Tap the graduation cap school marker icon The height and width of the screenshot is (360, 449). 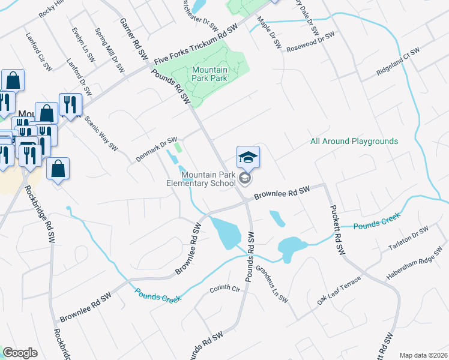click(x=248, y=158)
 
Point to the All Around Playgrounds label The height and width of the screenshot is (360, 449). click(x=354, y=142)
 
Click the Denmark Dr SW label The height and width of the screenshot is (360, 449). click(x=156, y=146)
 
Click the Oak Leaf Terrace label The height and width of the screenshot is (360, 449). click(x=339, y=290)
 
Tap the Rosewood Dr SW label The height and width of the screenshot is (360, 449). click(x=309, y=43)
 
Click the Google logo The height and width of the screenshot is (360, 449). click(x=20, y=353)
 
